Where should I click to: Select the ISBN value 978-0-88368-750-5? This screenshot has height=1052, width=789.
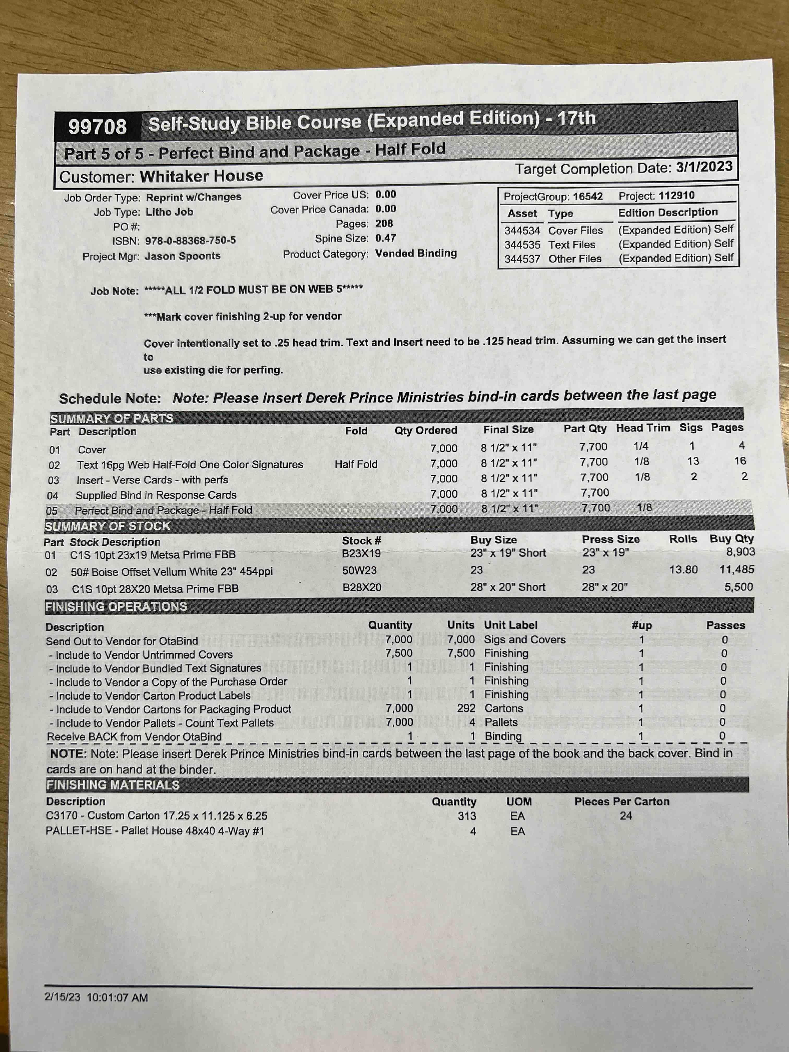190,241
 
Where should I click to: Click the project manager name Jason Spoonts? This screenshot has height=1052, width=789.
183,256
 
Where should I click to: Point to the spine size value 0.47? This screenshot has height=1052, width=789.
385,238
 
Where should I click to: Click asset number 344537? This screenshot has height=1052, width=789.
522,259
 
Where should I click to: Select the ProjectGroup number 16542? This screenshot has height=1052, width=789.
588,196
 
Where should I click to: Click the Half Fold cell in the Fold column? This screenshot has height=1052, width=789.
356,464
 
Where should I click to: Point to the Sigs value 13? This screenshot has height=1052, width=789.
693,461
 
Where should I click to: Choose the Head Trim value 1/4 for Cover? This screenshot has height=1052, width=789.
641,446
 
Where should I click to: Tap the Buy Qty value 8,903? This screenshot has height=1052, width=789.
740,552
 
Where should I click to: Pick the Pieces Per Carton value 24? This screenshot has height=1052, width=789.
626,816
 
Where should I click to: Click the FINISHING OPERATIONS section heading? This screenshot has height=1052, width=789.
117,607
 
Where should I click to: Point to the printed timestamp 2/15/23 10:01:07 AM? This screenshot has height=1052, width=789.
96,997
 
